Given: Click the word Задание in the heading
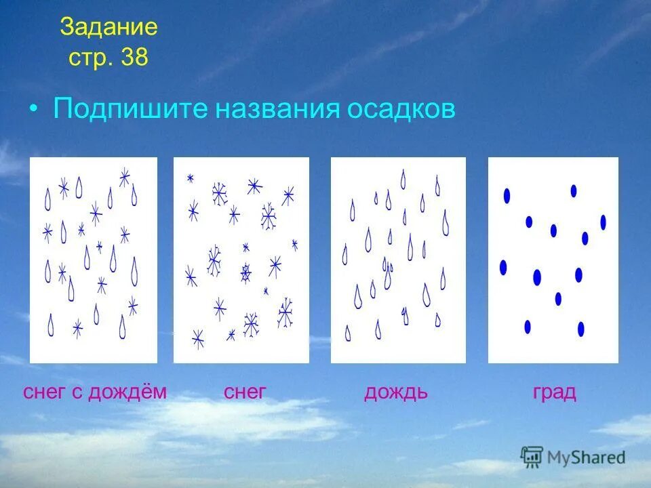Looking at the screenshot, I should click(108, 28).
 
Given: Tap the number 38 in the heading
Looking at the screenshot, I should click(134, 57).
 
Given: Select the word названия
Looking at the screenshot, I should click(279, 109).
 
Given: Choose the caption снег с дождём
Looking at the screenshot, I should click(95, 392).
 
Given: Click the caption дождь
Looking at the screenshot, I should click(396, 392).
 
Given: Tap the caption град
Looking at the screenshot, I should click(554, 392).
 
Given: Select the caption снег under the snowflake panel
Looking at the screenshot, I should click(244, 392).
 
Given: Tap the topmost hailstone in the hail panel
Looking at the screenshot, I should click(574, 190).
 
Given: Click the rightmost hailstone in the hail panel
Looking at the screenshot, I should click(603, 222).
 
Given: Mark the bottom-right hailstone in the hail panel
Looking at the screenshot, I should click(580, 329).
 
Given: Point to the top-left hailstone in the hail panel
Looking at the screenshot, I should click(507, 196).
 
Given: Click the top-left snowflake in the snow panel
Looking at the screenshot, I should click(191, 178).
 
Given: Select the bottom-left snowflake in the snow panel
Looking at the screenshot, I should click(198, 338).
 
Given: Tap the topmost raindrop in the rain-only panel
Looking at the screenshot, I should click(403, 180).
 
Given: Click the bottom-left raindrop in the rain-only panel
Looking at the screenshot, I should click(348, 333).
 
